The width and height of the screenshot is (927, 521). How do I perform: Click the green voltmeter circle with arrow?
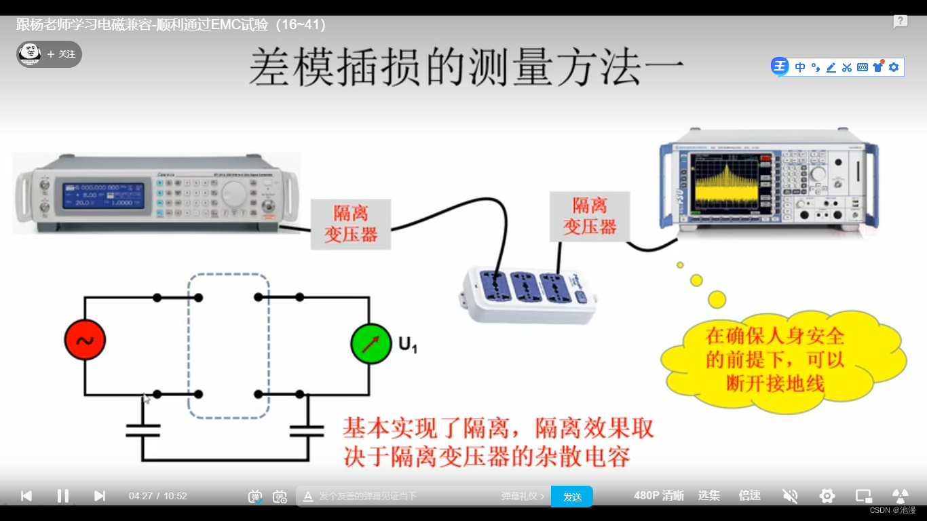click(371, 344)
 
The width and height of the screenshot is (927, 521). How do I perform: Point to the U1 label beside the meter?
click(407, 345)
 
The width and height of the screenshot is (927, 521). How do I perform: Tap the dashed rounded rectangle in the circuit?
click(228, 346)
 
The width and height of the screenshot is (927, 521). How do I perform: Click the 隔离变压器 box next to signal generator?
click(351, 225)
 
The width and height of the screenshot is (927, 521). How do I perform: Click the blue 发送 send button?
click(572, 497)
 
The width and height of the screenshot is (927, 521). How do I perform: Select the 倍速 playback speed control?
click(749, 496)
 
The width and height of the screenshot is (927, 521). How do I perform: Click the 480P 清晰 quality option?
click(658, 496)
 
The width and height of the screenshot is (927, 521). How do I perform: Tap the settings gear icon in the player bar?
click(827, 496)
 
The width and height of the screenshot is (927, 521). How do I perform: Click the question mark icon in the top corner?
click(901, 22)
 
